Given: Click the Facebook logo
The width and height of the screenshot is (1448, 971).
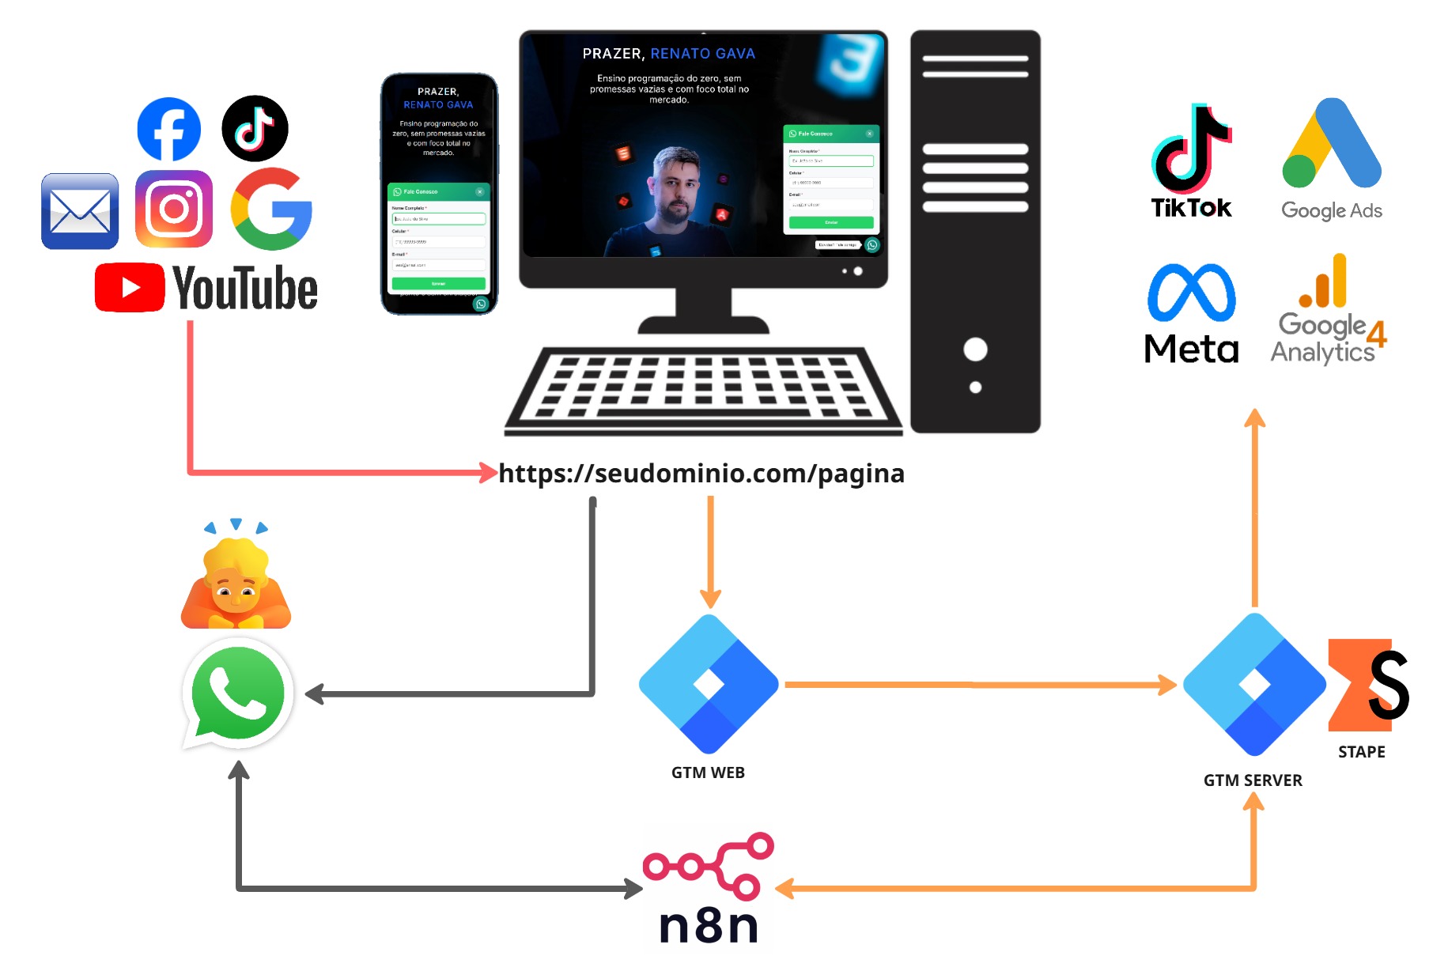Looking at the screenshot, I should (168, 129).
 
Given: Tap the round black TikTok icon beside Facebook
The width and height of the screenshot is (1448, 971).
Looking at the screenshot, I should (255, 128).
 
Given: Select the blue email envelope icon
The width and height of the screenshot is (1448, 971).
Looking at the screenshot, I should (80, 211).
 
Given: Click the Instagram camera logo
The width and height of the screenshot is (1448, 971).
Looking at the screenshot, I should (174, 209).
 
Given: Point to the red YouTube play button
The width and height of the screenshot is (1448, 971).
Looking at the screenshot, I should (130, 287).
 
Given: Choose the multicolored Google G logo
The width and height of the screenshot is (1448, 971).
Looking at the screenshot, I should (271, 209).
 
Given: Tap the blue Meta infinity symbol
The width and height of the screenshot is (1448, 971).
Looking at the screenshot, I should (1191, 293).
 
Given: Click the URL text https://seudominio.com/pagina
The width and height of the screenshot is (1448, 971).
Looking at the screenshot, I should (701, 473).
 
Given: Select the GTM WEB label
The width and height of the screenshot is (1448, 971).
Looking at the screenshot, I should (708, 773).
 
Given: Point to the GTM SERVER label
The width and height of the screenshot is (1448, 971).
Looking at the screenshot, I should (1253, 780).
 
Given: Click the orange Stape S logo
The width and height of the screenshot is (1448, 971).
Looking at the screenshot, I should (1368, 684).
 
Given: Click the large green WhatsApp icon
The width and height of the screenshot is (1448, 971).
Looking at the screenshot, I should (238, 693).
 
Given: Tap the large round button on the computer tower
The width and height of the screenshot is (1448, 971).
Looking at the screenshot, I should (975, 349).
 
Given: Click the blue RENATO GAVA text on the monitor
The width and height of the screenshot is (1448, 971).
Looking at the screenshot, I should (702, 54).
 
